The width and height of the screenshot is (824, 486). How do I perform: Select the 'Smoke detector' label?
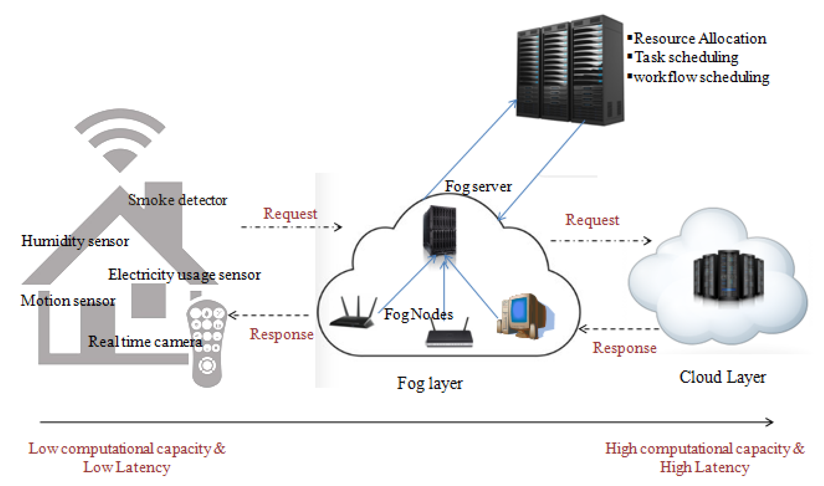coord(178,200)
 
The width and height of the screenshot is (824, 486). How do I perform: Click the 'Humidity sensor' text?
coord(75,241)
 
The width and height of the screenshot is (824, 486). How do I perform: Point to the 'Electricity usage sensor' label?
coord(184,275)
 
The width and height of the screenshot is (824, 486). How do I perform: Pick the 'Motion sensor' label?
coord(68,301)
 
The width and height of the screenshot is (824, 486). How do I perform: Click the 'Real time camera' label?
coord(145,342)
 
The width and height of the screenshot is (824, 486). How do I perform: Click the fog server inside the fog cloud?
coord(439,230)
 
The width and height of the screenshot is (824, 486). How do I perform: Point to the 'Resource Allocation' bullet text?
coord(700,39)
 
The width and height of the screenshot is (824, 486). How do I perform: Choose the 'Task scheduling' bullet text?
coord(686,57)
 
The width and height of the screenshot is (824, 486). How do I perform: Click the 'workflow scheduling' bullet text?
coord(701,77)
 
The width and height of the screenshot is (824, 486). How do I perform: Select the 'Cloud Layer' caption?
coord(723,377)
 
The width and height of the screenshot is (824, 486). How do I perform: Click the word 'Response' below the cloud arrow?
coord(624,348)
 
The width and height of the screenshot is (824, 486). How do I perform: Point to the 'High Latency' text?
coord(705,467)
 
